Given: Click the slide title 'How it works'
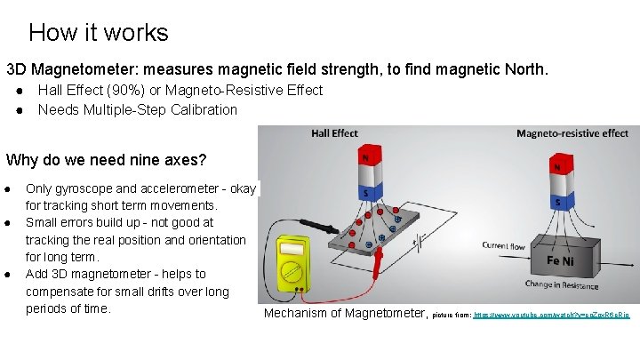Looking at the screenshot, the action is coord(98,33).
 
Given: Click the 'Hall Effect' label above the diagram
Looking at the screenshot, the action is coord(334,134).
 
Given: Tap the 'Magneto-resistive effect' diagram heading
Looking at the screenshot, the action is coord(572,134).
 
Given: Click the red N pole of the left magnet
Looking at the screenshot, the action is coord(365,158).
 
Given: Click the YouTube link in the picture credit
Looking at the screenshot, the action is coord(551,316).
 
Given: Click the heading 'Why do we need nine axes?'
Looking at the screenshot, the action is coord(106,161).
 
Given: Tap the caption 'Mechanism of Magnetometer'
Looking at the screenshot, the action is coord(345,313).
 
